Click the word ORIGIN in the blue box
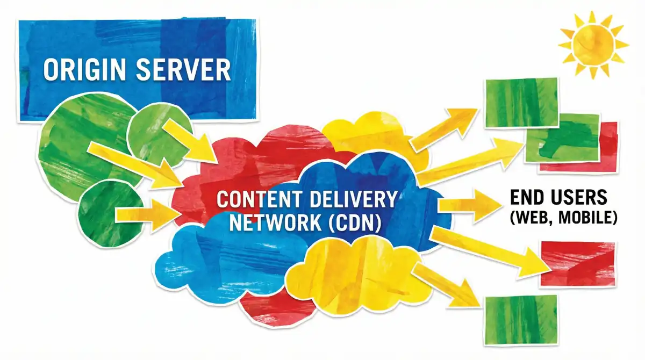[x=86, y=71]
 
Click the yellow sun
[x=592, y=45]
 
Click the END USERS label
[x=558, y=197]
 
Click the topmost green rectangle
[x=521, y=103]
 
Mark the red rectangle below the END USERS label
[x=578, y=263]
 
